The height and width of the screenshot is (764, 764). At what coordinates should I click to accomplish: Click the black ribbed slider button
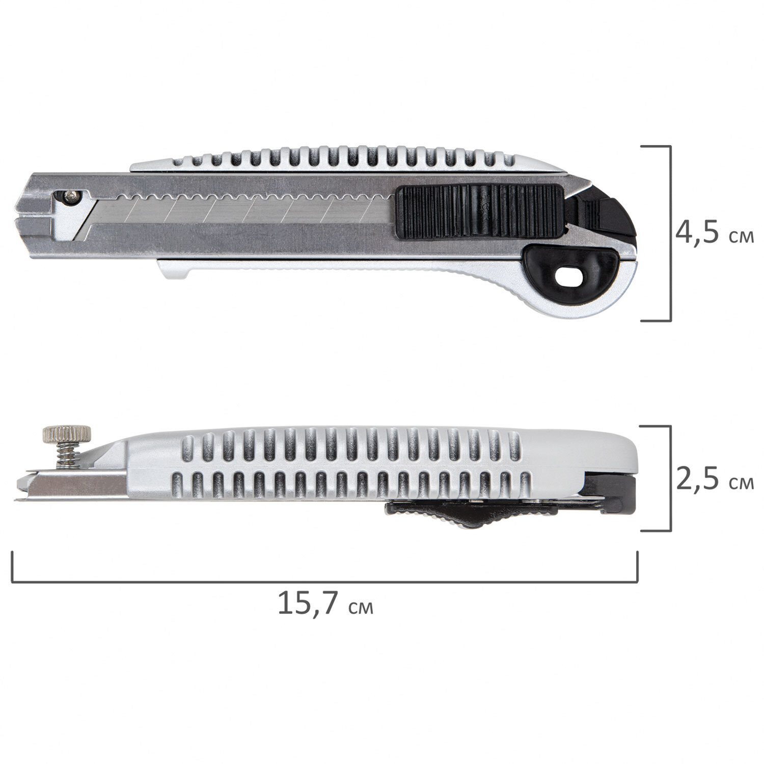(x=480, y=212)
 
